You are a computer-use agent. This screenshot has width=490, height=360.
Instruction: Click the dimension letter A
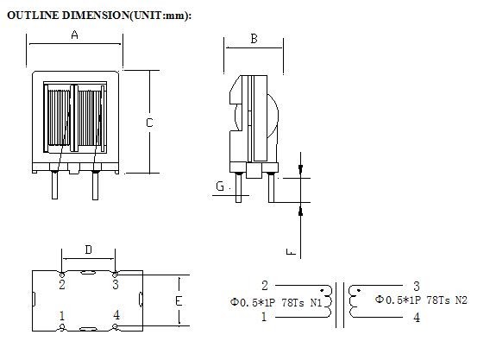pyautogui.click(x=74, y=35)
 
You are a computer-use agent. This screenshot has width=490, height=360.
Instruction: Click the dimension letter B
pyautogui.click(x=254, y=38)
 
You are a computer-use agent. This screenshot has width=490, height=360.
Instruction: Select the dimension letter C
pyautogui.click(x=149, y=123)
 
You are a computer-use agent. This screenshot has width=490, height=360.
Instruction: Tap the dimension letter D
pyautogui.click(x=88, y=250)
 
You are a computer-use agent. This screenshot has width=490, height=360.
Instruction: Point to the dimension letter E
pyautogui.click(x=179, y=301)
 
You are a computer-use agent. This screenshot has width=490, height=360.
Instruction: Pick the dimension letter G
pyautogui.click(x=220, y=186)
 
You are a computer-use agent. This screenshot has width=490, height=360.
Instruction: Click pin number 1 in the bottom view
pyautogui.click(x=62, y=316)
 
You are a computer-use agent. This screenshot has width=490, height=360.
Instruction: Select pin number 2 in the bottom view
pyautogui.click(x=62, y=283)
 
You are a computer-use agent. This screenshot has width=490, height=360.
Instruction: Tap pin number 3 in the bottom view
pyautogui.click(x=116, y=283)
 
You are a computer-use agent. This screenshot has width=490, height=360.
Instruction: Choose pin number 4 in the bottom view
pyautogui.click(x=116, y=316)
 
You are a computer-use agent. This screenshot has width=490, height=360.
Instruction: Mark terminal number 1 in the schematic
pyautogui.click(x=264, y=317)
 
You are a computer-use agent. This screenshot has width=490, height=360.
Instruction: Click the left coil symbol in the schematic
pyautogui.click(x=326, y=300)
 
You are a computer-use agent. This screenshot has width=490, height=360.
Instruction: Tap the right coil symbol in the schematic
pyautogui.click(x=354, y=300)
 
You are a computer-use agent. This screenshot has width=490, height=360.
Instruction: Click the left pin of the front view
pyautogui.click(x=55, y=184)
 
